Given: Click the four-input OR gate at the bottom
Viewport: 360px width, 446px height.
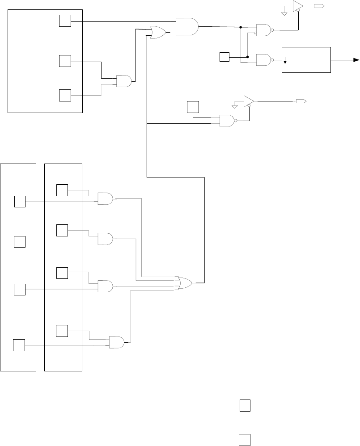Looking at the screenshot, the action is [185, 282].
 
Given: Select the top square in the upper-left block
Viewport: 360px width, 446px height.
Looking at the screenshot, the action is [65, 21].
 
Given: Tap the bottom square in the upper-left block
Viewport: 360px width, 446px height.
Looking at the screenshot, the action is [65, 95].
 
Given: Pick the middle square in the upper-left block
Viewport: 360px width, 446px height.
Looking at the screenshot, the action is [65, 61].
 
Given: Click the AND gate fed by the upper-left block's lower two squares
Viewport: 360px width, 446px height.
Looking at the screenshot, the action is [123, 81].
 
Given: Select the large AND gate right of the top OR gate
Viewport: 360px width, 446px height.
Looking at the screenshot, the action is [187, 26].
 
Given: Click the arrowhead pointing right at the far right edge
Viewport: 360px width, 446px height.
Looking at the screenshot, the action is [356, 60].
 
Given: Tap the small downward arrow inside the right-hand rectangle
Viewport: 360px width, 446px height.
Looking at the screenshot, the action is [285, 60].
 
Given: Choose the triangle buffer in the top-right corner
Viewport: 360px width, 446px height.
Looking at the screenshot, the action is [297, 6].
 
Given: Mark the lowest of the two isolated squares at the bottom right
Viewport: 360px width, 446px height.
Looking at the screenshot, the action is [244, 439].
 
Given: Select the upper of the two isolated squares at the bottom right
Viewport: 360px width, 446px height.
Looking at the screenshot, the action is [244, 405].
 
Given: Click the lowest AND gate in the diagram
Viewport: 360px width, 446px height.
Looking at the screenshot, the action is [117, 342].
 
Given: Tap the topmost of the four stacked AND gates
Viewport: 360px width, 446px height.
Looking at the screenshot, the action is [105, 199].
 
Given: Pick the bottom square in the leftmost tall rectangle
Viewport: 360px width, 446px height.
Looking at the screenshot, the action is [18, 345].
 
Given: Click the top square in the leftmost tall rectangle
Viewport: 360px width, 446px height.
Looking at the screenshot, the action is [20, 202].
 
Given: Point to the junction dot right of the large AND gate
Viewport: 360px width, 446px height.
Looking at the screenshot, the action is [241, 27].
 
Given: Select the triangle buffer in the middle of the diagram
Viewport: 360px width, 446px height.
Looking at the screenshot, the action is [248, 101].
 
